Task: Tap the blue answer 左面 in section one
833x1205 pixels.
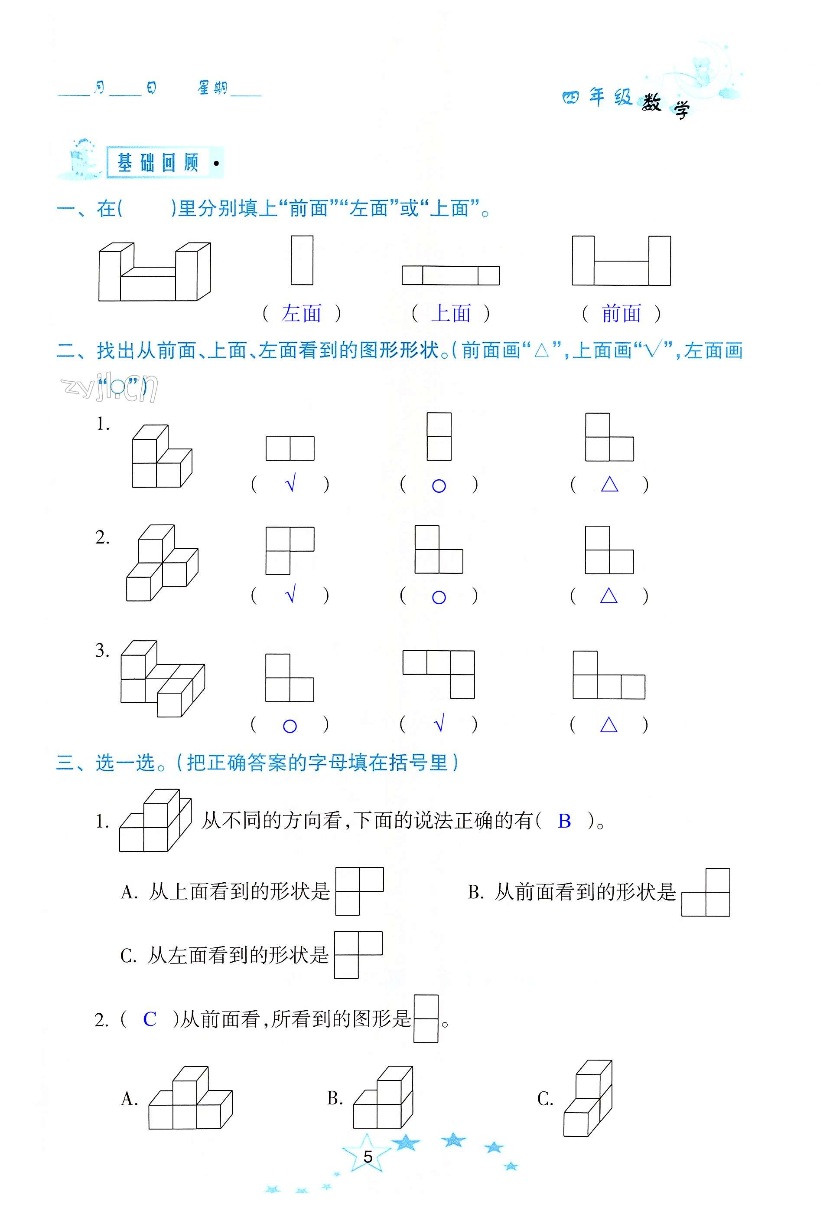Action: click(301, 313)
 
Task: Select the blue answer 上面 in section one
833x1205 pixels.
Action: click(450, 313)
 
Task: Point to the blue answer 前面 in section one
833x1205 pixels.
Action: click(621, 313)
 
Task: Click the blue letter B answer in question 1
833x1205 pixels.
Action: click(564, 821)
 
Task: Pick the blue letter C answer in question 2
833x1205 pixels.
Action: click(150, 1019)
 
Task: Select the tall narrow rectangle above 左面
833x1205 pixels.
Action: click(302, 260)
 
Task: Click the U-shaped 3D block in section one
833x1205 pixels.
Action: click(154, 272)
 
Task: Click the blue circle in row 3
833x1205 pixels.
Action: click(290, 726)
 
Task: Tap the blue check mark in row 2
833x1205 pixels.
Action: click(291, 594)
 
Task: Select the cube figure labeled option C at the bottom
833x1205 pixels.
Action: click(588, 1097)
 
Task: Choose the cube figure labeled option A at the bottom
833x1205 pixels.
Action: click(190, 1098)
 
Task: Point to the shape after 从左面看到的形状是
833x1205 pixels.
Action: click(358, 955)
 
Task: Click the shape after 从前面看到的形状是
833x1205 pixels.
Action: click(706, 892)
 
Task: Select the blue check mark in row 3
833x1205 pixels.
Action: click(439, 724)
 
